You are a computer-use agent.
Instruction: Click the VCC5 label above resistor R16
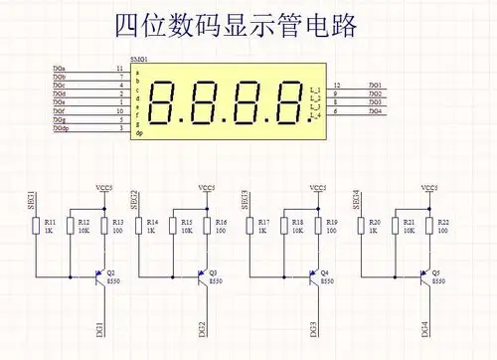tap(206, 187)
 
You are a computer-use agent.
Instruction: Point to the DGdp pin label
tap(62, 128)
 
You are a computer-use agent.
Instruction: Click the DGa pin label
tap(60, 68)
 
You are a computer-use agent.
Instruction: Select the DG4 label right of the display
tap(376, 111)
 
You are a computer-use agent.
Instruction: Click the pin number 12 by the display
tap(338, 86)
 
